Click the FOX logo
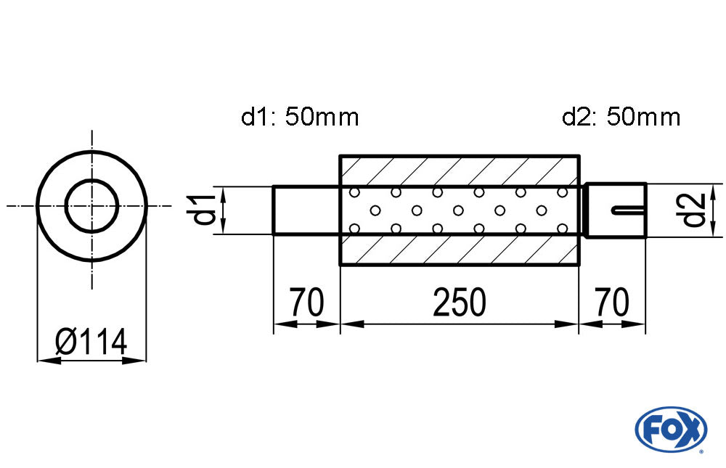[671, 428]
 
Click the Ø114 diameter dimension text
[91, 340]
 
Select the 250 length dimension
[459, 303]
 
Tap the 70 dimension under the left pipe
[306, 303]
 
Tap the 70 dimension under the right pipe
[611, 303]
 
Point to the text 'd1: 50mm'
[300, 117]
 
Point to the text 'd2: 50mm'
[621, 117]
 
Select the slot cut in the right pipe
[628, 210]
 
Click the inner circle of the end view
[91, 206]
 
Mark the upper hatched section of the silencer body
[459, 171]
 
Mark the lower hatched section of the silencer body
[459, 250]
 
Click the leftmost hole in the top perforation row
[355, 193]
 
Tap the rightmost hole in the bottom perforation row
[562, 229]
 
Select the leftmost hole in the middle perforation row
[375, 211]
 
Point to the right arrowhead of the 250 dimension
[570, 324]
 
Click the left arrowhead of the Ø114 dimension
[44, 359]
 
